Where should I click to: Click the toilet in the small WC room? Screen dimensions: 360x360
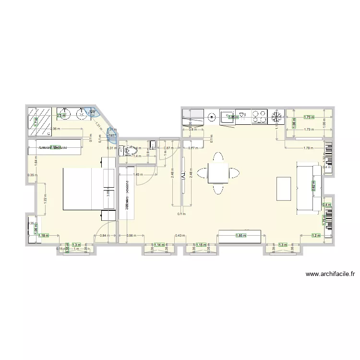(x=129, y=151)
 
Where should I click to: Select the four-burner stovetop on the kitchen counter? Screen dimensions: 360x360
(x=260, y=117)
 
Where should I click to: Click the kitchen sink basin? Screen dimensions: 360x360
(x=227, y=116)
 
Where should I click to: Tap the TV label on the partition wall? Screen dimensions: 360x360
(x=183, y=176)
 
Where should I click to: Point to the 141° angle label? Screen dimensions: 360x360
(x=111, y=136)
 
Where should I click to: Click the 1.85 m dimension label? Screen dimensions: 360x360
(x=240, y=236)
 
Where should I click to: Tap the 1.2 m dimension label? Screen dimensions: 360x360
(x=315, y=235)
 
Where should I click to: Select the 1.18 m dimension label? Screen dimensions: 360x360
(x=44, y=235)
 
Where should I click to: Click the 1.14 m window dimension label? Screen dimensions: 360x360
(x=159, y=245)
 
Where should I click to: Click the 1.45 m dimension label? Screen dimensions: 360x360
(x=137, y=175)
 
